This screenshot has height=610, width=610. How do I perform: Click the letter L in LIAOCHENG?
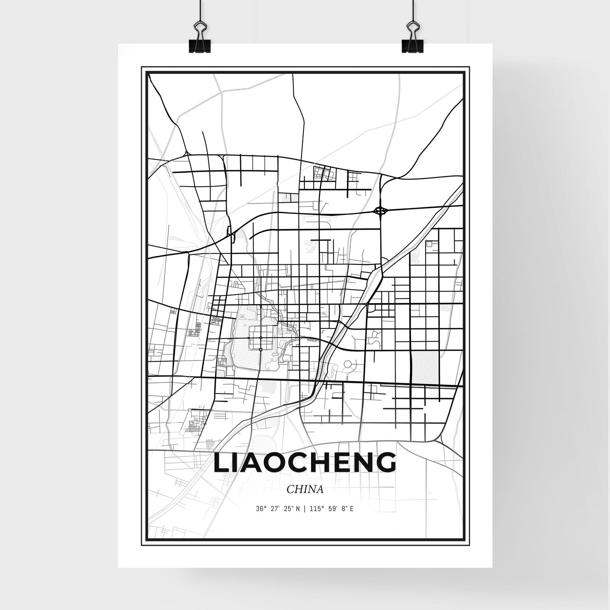tap(222, 463)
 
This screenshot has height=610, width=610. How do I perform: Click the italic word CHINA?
tap(305, 489)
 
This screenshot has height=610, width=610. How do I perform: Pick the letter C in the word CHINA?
tap(290, 489)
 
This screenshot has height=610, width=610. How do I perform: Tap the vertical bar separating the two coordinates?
tap(304, 509)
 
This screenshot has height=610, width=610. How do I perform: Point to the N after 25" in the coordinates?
tap(298, 509)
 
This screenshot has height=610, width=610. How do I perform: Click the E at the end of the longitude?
tap(352, 509)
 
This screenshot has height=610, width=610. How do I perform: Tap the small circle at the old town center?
tap(261, 338)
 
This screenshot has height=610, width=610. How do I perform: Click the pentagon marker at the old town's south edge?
tap(261, 350)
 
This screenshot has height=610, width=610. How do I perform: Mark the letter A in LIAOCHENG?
tap(256, 463)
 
